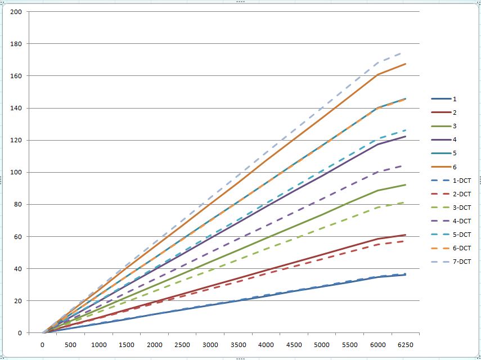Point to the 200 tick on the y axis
[x=16, y=12]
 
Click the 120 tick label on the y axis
[x=16, y=141]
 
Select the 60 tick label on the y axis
[x=17, y=237]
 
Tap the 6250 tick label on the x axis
[x=406, y=344]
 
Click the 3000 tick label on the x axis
[x=210, y=344]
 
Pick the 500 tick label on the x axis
[x=70, y=344]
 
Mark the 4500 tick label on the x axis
[x=294, y=344]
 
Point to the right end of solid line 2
[x=406, y=235]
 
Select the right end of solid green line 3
[x=406, y=184]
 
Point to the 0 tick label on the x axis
[x=42, y=344]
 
